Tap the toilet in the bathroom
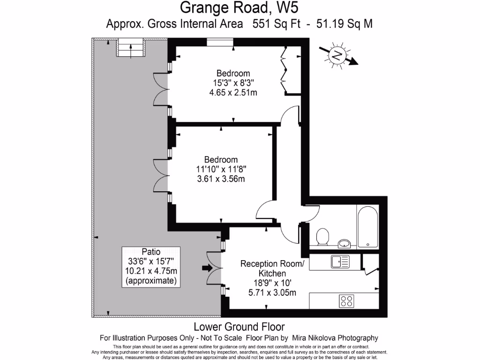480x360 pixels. [322, 237]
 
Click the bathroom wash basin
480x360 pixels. [345, 243]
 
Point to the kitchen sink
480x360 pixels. [338, 261]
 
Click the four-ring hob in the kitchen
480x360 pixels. [347, 300]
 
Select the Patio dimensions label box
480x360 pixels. [150, 266]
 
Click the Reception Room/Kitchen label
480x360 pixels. [272, 269]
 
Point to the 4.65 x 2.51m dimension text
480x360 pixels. [233, 92]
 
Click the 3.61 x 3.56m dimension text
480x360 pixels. [220, 179]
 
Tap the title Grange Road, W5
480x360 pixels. [240, 8]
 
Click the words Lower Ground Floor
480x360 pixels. [240, 326]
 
